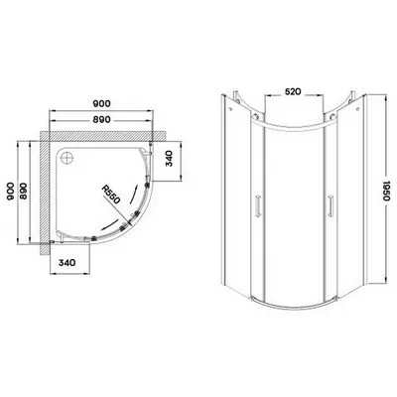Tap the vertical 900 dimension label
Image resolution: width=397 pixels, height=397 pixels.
coord(10,192)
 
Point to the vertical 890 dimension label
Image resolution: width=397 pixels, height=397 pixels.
coord(25,192)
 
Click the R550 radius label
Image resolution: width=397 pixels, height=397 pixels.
coord(110,195)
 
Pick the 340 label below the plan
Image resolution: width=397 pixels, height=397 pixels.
coord(66,263)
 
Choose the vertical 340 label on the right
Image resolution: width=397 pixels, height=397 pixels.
coord(169,158)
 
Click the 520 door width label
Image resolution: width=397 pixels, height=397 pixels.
coord(293,91)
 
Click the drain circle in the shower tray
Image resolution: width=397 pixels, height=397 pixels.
coord(68,157)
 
